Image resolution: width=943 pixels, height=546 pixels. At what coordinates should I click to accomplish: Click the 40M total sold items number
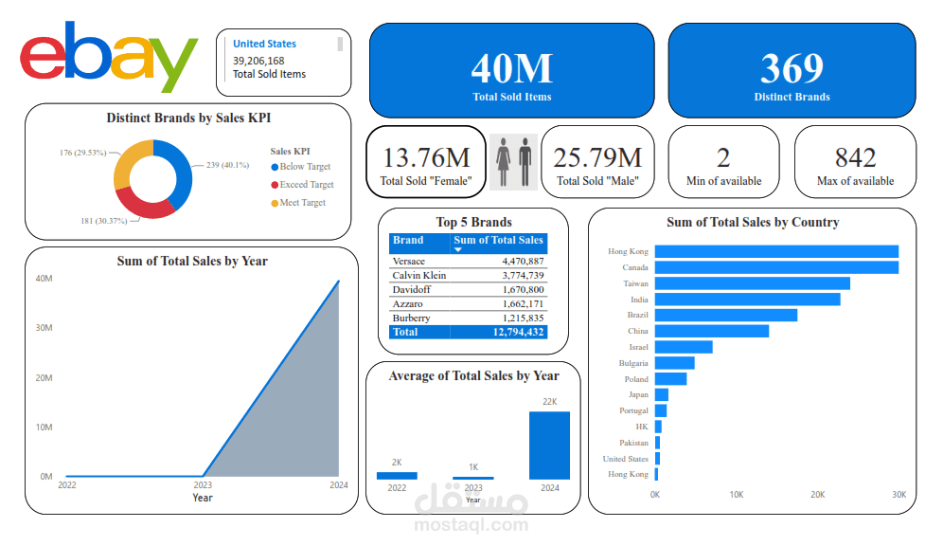(x=511, y=68)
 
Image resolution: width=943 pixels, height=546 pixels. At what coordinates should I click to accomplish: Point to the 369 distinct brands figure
(x=792, y=68)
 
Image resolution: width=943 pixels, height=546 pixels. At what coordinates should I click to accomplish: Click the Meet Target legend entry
(x=302, y=203)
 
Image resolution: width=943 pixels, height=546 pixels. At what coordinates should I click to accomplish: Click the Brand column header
(x=409, y=241)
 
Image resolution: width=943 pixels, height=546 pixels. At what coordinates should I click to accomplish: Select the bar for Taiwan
(x=753, y=283)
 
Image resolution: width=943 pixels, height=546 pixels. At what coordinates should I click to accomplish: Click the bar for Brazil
(x=726, y=315)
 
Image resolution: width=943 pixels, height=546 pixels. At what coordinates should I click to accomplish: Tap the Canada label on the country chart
(x=634, y=267)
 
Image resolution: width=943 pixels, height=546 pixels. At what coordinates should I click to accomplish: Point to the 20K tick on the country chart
(x=818, y=495)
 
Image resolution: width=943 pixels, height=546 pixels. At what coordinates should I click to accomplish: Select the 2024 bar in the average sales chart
(x=549, y=445)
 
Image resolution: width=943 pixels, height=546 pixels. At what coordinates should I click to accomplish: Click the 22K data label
(x=550, y=402)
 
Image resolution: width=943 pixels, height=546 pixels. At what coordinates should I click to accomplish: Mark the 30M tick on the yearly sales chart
(x=44, y=328)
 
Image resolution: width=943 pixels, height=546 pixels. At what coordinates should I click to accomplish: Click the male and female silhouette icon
(x=514, y=161)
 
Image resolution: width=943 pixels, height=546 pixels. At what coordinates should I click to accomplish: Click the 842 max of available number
(x=855, y=157)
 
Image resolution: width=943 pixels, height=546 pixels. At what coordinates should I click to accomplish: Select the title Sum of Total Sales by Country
(x=753, y=222)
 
